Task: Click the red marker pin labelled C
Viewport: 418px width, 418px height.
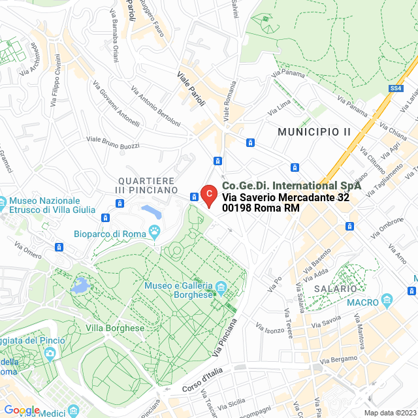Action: point(208,195)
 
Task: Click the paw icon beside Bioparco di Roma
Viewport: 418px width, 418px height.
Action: point(155,231)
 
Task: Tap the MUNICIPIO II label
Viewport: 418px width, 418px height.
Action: point(314,132)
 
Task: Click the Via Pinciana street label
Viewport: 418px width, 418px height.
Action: point(225,337)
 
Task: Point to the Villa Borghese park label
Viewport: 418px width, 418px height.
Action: point(116,328)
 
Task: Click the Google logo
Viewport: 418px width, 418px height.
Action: point(22,410)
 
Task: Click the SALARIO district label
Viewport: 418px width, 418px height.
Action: point(335,288)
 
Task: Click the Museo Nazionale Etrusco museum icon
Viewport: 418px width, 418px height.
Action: point(3,201)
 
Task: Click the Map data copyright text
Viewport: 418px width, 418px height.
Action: point(389,413)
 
